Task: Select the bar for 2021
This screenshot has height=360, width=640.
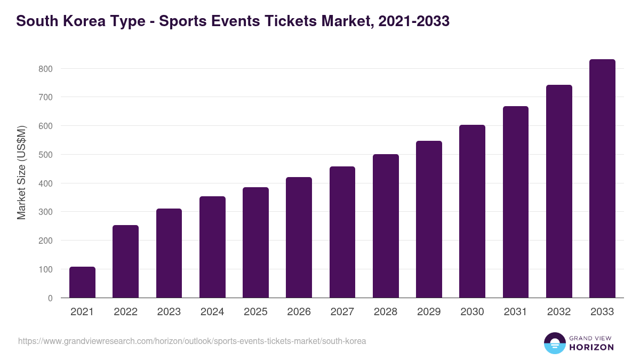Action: (82, 282)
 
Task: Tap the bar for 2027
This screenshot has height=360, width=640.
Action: (342, 232)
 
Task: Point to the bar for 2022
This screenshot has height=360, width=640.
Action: (125, 261)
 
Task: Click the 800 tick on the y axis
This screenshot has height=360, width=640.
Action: (45, 69)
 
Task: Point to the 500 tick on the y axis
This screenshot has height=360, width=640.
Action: (45, 155)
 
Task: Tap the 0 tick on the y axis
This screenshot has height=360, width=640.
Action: (50, 298)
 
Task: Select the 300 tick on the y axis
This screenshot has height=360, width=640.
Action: (45, 212)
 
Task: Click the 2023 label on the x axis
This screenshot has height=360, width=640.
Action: (169, 312)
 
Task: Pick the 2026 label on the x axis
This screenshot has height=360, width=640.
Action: (299, 312)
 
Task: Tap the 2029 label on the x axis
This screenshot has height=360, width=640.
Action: (429, 312)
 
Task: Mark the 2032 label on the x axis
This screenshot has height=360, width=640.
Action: (559, 312)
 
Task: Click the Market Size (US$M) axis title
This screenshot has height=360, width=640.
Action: (22, 172)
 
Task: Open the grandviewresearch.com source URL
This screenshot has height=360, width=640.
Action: (192, 341)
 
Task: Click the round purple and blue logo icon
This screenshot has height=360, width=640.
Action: (555, 343)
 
